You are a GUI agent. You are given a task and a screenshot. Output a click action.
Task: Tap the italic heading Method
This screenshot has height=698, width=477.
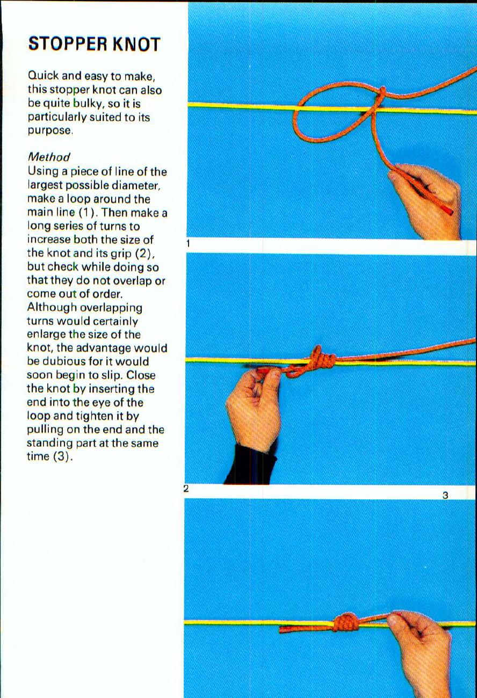48,157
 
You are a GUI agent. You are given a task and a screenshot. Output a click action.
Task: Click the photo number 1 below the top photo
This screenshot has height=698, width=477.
188,244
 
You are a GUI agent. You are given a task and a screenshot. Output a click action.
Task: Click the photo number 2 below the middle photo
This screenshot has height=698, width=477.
186,489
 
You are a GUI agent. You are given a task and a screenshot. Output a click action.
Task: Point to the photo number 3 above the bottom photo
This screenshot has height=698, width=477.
445,496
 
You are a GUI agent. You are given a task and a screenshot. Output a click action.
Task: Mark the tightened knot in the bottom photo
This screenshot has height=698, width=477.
347,623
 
